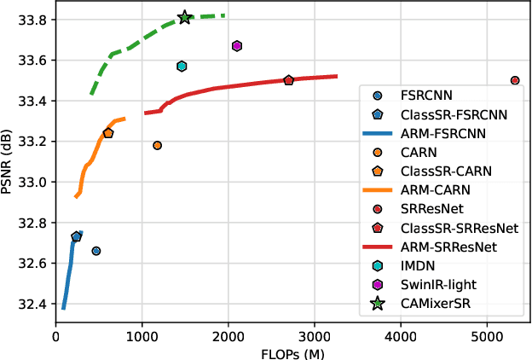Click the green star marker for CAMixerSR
[x=185, y=18]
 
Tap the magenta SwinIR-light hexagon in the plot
[x=237, y=46]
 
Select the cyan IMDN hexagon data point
[x=182, y=66]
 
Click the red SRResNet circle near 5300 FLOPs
[x=515, y=80]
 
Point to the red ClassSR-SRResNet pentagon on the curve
[x=288, y=80]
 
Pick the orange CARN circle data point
[x=157, y=145]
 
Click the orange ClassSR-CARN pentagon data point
[x=107, y=133]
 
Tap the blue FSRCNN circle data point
[x=96, y=251]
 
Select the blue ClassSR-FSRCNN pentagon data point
[x=76, y=236]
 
